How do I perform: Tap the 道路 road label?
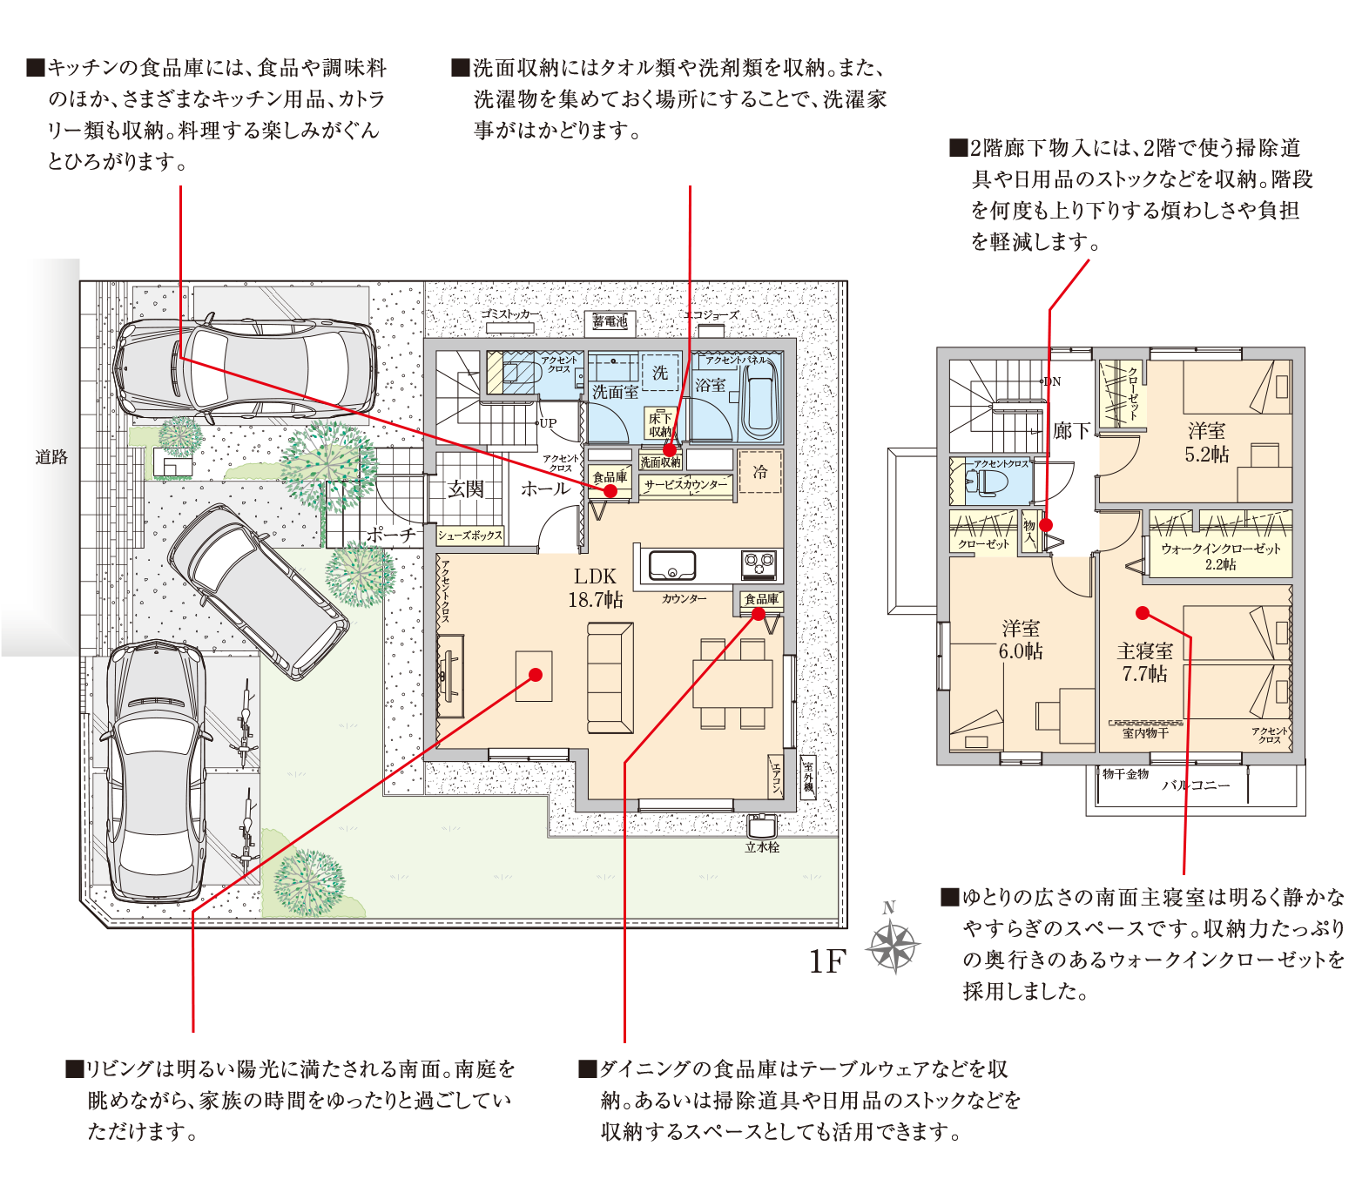pyautogui.click(x=51, y=457)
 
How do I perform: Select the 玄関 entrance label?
pyautogui.click(x=466, y=489)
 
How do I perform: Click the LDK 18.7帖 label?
pyautogui.click(x=596, y=588)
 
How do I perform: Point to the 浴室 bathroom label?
pyautogui.click(x=710, y=385)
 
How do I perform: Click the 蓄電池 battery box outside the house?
pyautogui.click(x=610, y=322)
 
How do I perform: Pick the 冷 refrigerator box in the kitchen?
pyautogui.click(x=760, y=472)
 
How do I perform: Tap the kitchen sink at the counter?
pyautogui.click(x=672, y=566)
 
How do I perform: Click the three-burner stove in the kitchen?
pyautogui.click(x=759, y=565)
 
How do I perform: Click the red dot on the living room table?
pyautogui.click(x=536, y=675)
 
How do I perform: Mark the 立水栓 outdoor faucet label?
pyautogui.click(x=762, y=847)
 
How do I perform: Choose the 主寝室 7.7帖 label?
pyautogui.click(x=1145, y=662)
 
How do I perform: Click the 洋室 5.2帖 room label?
pyautogui.click(x=1207, y=442)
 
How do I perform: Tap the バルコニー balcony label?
pyautogui.click(x=1197, y=785)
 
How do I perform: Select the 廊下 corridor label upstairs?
pyautogui.click(x=1071, y=431)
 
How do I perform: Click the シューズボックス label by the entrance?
pyautogui.click(x=470, y=536)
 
